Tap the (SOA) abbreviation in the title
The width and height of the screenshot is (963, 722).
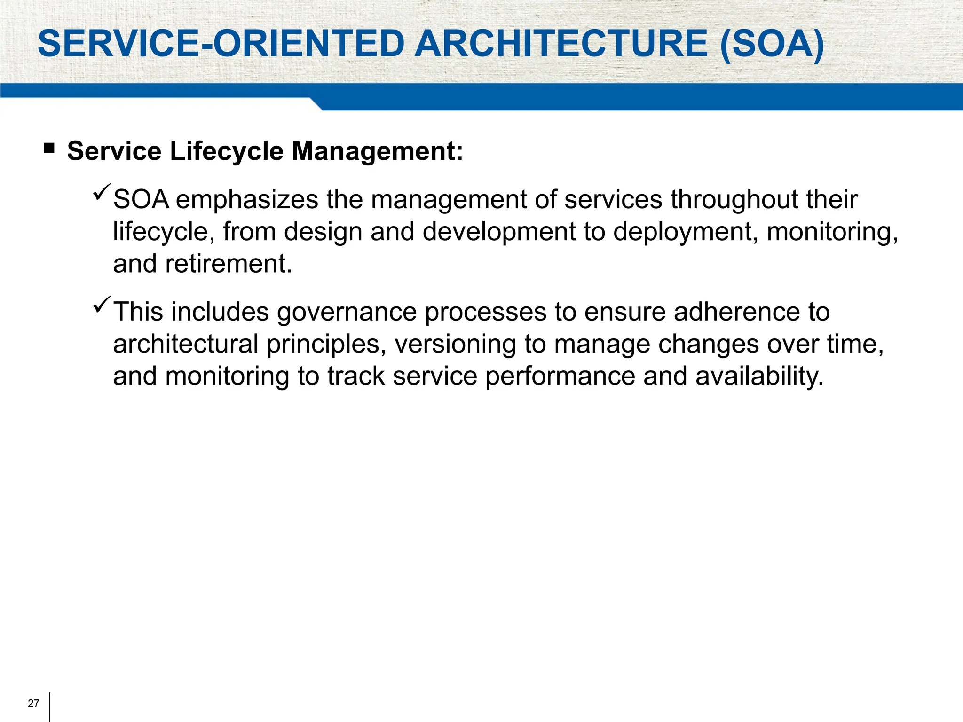(772, 44)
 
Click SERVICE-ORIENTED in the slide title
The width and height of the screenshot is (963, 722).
(221, 44)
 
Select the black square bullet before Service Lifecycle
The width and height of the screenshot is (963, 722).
(49, 149)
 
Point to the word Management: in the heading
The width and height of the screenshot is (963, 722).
(377, 151)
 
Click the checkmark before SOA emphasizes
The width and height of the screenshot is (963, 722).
(102, 192)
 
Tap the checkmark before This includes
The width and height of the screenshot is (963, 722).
(102, 305)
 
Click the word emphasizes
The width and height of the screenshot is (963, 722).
(247, 200)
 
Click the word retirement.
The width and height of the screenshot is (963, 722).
(229, 264)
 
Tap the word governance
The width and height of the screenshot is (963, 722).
(347, 313)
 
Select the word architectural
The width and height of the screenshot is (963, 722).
(186, 345)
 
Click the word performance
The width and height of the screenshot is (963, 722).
(560, 377)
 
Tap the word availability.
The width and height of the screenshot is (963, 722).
(759, 377)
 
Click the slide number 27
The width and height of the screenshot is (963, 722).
(33, 703)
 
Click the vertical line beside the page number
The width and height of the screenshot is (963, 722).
(49, 706)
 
